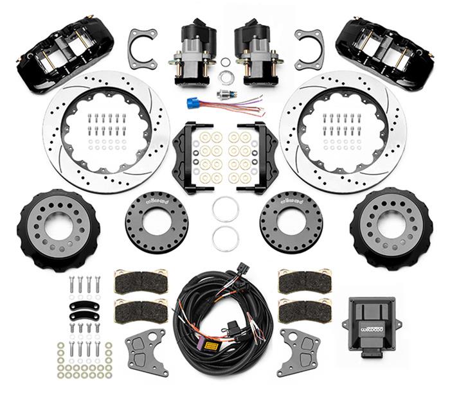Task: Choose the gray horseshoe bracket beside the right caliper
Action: [309, 48]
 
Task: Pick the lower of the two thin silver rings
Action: [225, 238]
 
